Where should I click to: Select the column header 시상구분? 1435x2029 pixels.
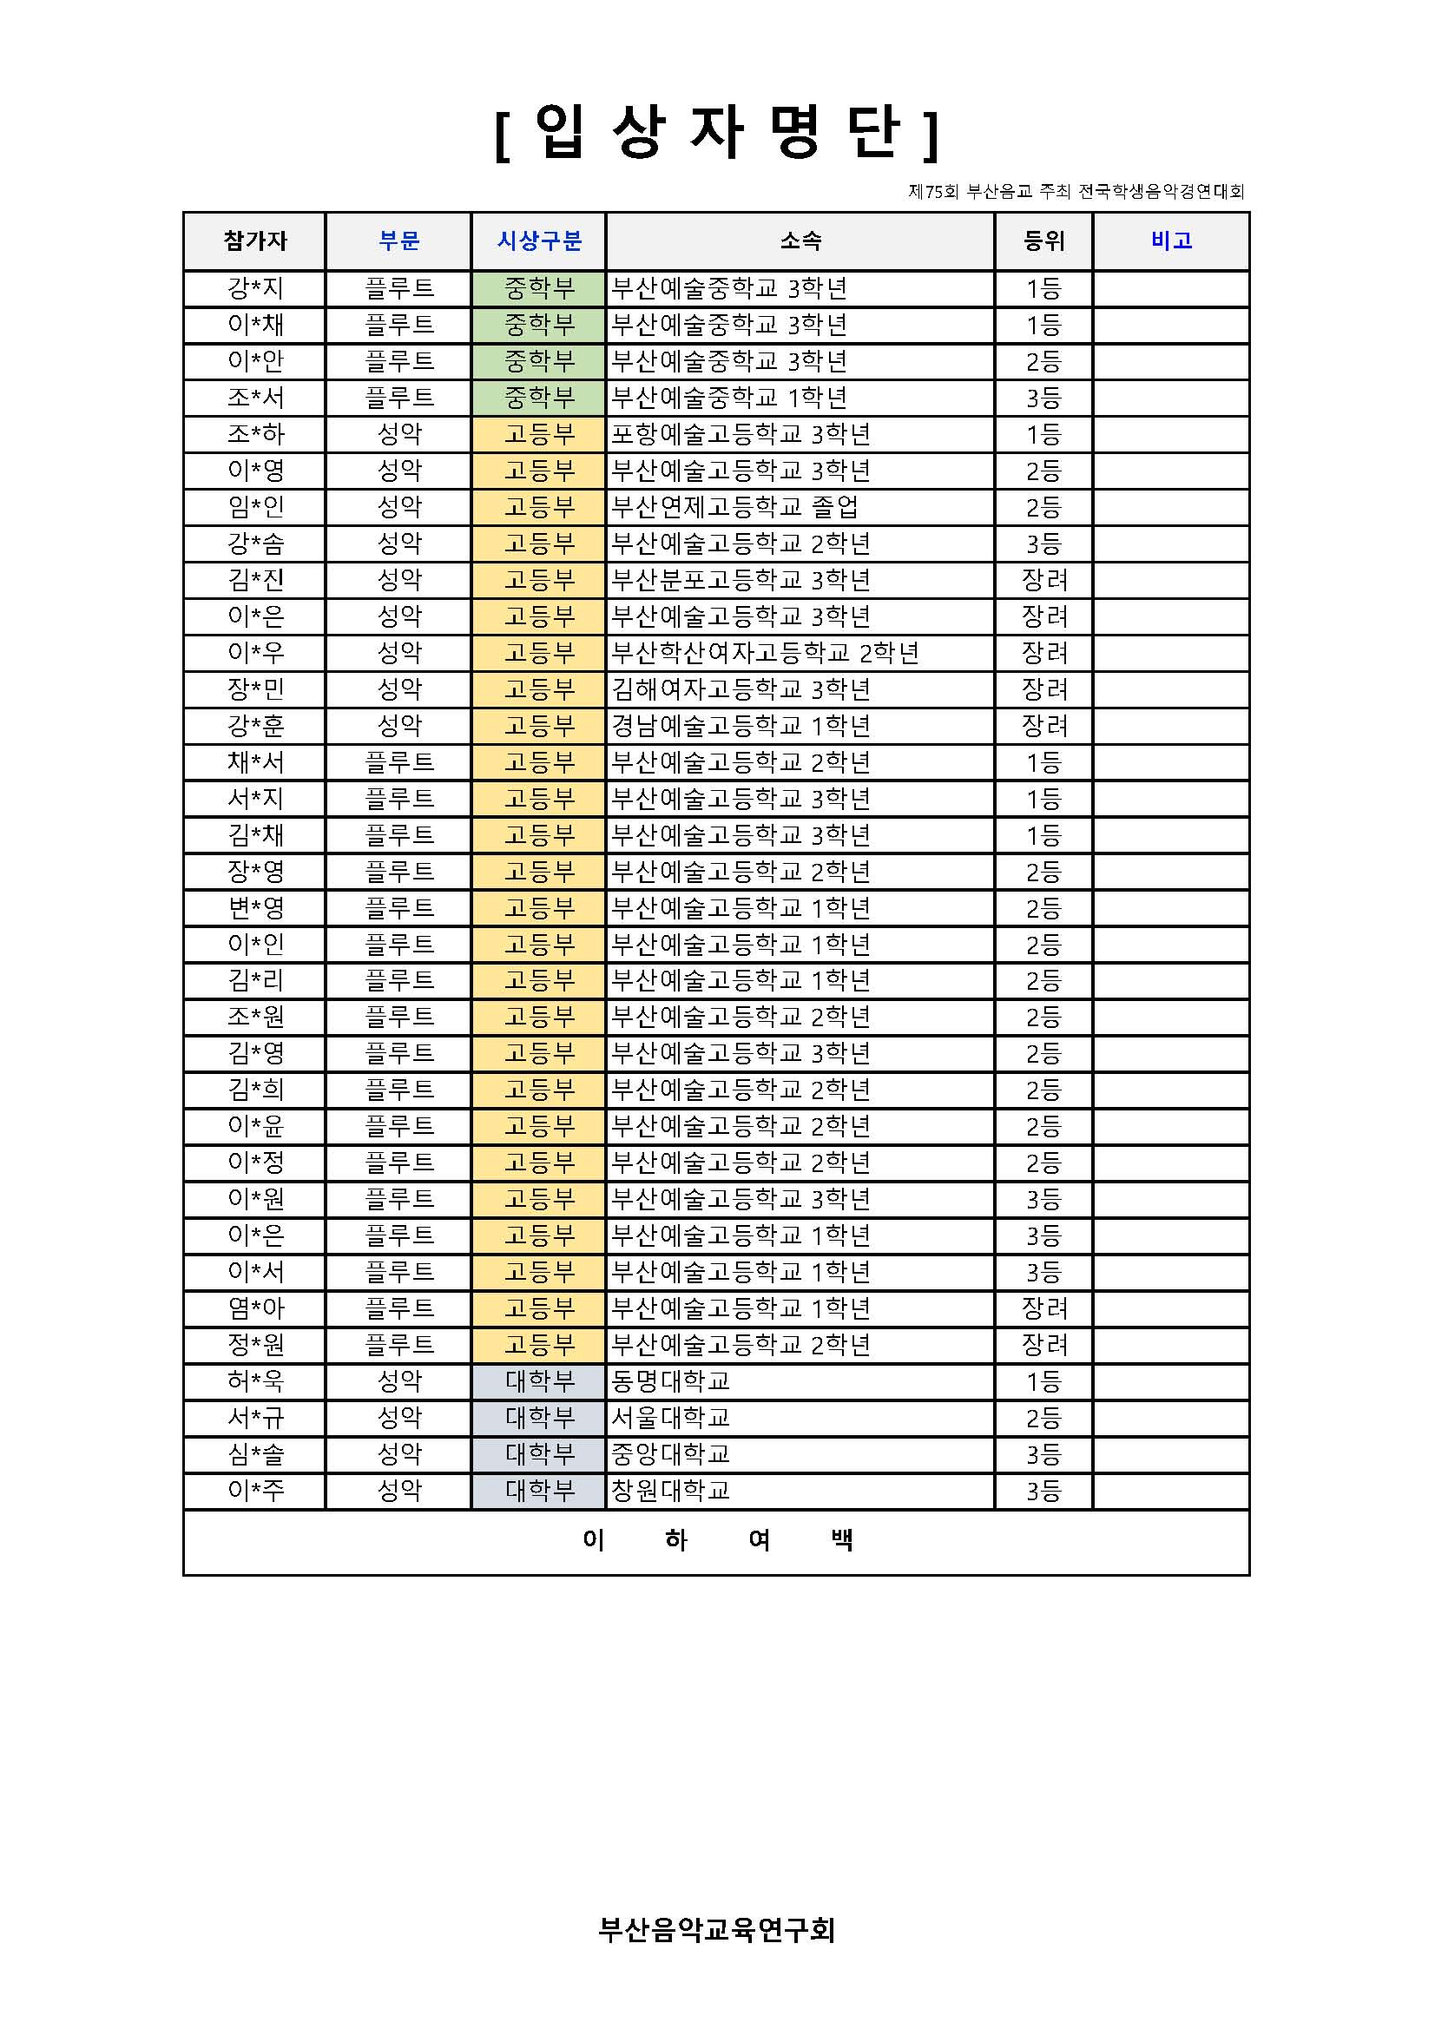click(x=539, y=240)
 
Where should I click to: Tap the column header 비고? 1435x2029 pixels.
click(x=1171, y=240)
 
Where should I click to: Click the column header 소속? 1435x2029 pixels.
click(x=800, y=240)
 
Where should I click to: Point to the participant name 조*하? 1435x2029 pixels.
click(x=255, y=434)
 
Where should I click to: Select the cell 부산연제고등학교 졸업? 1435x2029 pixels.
click(x=734, y=507)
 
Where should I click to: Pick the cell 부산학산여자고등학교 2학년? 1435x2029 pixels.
click(x=765, y=653)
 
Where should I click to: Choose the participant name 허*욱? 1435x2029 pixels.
click(x=255, y=1380)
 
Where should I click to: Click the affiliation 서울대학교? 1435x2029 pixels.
click(x=671, y=1418)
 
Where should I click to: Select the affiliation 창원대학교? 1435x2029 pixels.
click(x=671, y=1491)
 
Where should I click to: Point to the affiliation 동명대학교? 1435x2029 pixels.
click(x=671, y=1380)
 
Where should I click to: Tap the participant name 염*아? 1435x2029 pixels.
click(x=255, y=1308)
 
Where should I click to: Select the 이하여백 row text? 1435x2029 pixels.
click(x=716, y=1540)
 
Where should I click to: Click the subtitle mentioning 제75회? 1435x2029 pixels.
click(x=1076, y=191)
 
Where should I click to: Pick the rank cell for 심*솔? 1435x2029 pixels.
click(x=1043, y=1454)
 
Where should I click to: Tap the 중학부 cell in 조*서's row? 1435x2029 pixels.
click(x=539, y=398)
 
